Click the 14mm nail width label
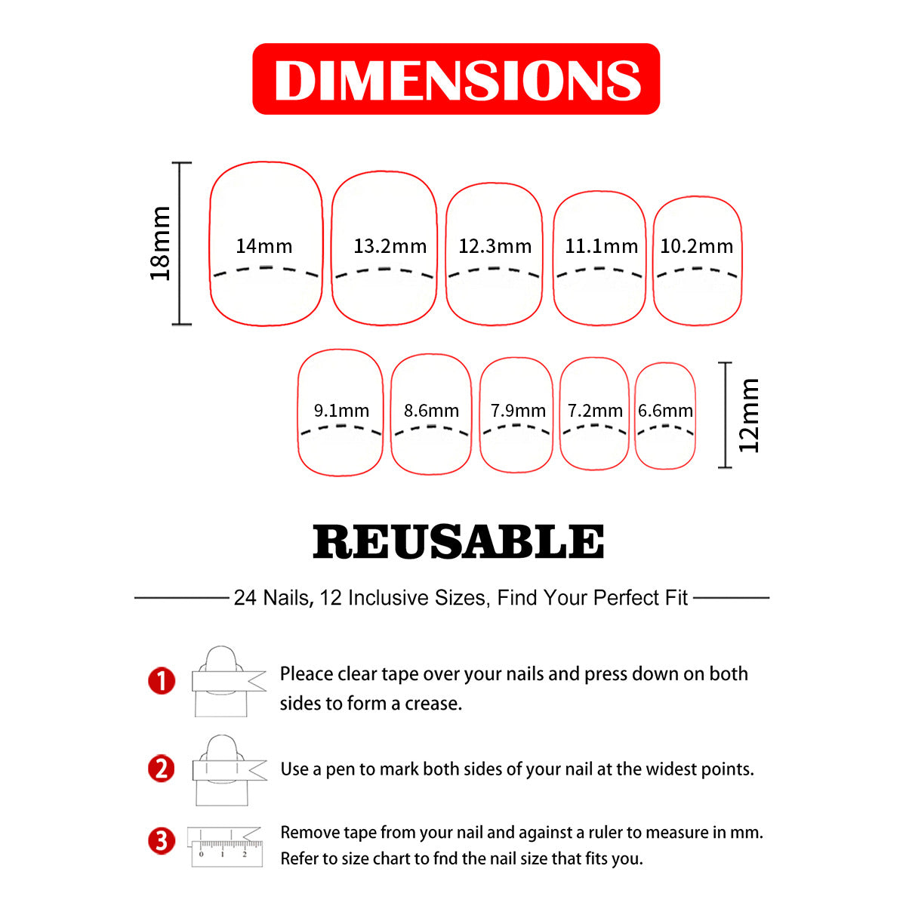(x=263, y=246)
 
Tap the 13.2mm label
(x=390, y=246)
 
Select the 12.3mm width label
(x=495, y=246)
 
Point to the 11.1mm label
(x=601, y=246)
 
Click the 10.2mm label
(x=696, y=246)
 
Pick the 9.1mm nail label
(x=341, y=411)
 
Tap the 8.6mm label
(x=431, y=411)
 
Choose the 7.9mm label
(x=518, y=411)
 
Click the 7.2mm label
(x=595, y=411)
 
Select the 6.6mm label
(x=665, y=411)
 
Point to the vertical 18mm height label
(x=160, y=243)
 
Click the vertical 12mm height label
(x=748, y=415)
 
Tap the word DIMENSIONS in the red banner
(x=457, y=80)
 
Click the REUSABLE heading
(x=458, y=541)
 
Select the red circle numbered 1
(x=162, y=681)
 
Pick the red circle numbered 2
(x=162, y=769)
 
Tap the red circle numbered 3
(x=162, y=842)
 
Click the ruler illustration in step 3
(x=226, y=853)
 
